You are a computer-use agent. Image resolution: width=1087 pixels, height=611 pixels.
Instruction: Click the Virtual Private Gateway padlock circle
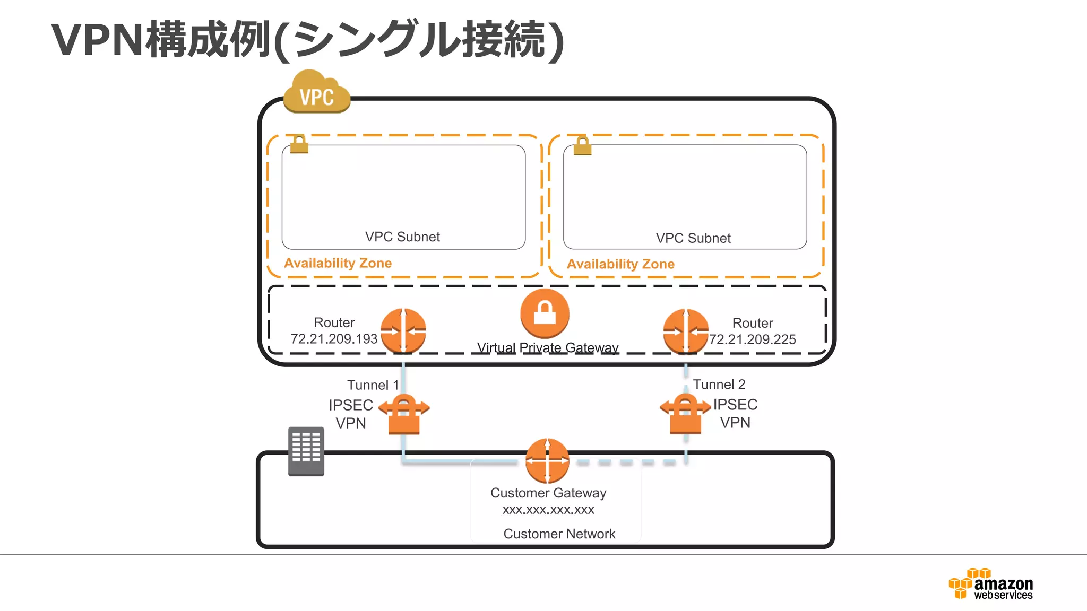click(x=545, y=313)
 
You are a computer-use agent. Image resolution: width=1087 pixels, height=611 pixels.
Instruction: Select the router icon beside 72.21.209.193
click(x=403, y=330)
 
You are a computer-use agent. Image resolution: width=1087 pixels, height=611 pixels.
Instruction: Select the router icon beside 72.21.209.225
click(x=686, y=331)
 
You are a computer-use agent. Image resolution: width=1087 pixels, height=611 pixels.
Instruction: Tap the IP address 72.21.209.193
click(x=334, y=339)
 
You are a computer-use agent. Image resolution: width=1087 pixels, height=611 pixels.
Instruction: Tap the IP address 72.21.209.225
click(x=753, y=339)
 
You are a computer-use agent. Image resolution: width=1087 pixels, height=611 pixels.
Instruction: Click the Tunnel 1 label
click(x=373, y=385)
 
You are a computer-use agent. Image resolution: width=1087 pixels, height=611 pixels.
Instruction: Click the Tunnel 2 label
click(x=719, y=385)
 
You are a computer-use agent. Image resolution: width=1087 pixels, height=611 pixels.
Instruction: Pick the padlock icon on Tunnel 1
click(x=404, y=414)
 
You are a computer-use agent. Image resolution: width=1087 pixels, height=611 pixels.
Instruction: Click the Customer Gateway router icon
click(x=547, y=460)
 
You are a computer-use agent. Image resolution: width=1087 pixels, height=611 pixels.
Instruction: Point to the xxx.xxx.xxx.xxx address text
click(x=548, y=510)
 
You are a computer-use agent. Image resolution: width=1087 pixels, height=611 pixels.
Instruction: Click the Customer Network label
click(x=559, y=534)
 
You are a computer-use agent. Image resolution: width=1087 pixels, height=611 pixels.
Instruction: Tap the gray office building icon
click(x=306, y=451)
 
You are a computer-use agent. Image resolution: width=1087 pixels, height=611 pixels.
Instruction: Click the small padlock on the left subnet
click(x=299, y=144)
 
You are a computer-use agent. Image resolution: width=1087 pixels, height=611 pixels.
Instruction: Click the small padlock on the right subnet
click(x=582, y=145)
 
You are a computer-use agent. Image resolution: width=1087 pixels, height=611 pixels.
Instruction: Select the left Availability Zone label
click(x=338, y=263)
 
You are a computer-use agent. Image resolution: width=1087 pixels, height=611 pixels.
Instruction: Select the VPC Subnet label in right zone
click(x=693, y=238)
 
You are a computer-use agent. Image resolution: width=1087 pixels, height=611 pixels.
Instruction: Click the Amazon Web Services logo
click(x=990, y=584)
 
